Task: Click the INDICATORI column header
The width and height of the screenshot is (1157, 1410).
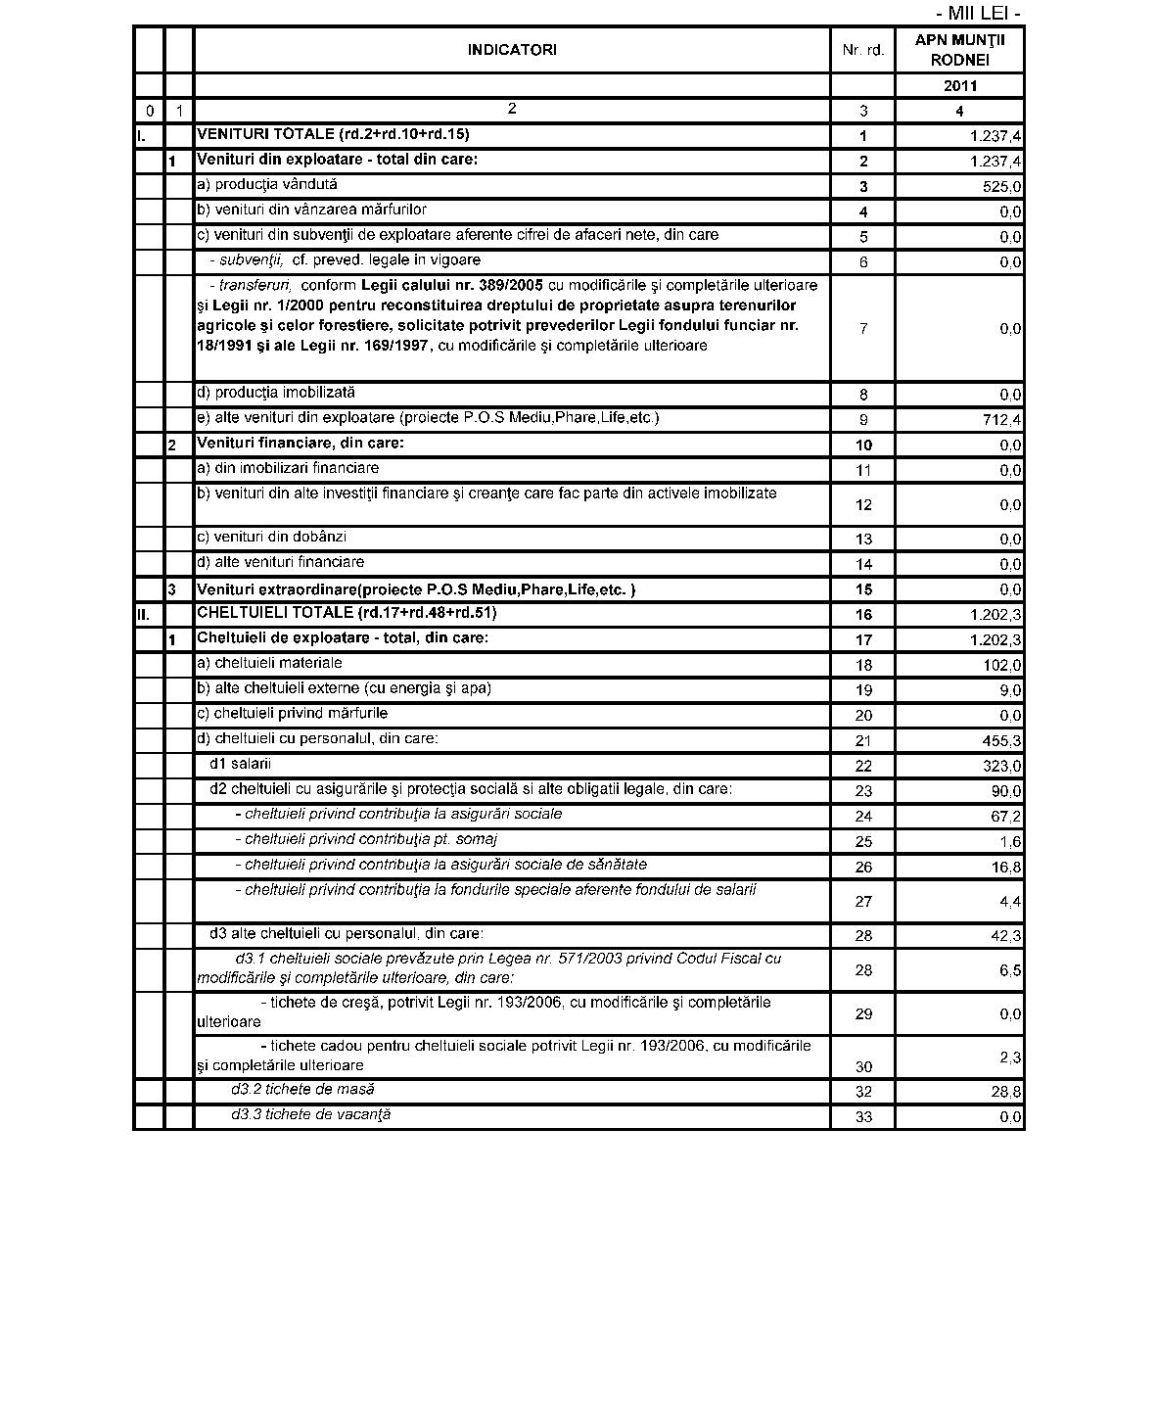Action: click(512, 50)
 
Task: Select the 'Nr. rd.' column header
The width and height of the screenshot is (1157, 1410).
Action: click(862, 50)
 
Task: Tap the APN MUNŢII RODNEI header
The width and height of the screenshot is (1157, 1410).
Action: click(959, 50)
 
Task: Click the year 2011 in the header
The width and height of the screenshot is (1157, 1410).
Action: click(960, 86)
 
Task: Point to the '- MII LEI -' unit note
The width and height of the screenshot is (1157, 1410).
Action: click(978, 14)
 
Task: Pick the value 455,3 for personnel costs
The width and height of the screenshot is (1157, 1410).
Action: click(1001, 741)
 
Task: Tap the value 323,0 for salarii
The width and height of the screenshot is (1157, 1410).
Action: click(1001, 767)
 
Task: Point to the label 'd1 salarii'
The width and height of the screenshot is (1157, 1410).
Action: click(240, 764)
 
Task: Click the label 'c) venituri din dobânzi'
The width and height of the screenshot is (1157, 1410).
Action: click(271, 537)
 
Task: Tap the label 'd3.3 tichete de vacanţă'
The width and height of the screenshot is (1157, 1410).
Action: click(310, 1114)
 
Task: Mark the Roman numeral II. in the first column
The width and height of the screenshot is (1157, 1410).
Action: click(143, 616)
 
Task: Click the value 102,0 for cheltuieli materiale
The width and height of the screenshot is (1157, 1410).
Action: click(1001, 666)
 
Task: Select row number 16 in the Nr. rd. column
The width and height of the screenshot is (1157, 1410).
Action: click(862, 615)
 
